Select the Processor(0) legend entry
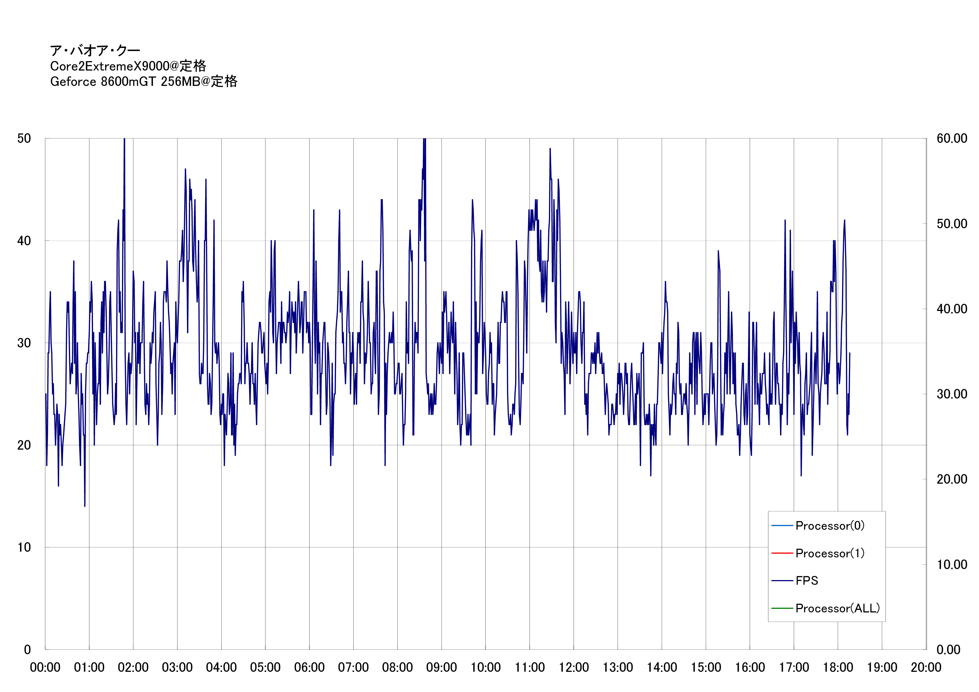pos(829,526)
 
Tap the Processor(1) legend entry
pos(829,554)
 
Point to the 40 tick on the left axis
pos(24,241)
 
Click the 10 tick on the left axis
pos(24,547)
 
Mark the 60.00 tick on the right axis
pos(952,138)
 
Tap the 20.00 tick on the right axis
pos(952,479)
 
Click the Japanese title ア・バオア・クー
pos(95,51)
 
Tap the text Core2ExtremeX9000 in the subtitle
pos(110,66)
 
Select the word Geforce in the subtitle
pos(73,82)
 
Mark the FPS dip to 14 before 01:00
pos(85,506)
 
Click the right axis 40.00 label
pos(952,309)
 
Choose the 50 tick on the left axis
pos(24,138)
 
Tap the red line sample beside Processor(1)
pos(782,554)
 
